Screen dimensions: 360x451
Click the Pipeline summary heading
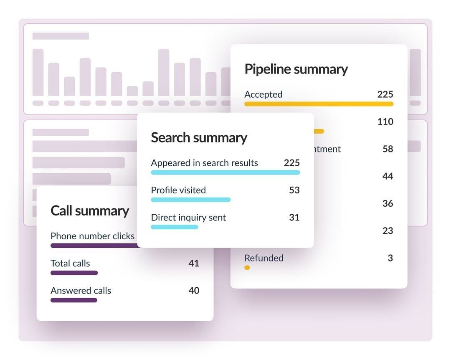point(296,69)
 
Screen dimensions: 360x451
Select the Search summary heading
point(199,137)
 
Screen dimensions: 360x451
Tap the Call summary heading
point(89,210)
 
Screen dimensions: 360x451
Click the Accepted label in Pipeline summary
point(263,94)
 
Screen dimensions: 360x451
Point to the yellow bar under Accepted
point(319,104)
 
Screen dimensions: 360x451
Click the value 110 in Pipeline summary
point(385,122)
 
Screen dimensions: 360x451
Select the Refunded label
point(264,258)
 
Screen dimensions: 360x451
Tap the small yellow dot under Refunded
point(247,268)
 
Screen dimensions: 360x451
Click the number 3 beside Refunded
point(390,258)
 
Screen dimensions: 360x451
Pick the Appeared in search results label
point(204,163)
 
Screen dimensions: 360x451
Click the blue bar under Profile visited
point(190,200)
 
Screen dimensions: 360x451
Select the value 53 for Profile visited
point(294,190)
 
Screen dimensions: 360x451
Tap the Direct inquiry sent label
point(188,217)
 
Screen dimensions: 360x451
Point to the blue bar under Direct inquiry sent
point(174,227)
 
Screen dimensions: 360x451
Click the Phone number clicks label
point(92,236)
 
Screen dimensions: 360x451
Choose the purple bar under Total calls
point(74,273)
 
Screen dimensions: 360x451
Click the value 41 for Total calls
point(193,263)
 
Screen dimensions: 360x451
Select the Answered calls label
point(81,291)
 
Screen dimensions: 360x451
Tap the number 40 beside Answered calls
point(193,290)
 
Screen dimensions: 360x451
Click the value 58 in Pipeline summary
point(388,149)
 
